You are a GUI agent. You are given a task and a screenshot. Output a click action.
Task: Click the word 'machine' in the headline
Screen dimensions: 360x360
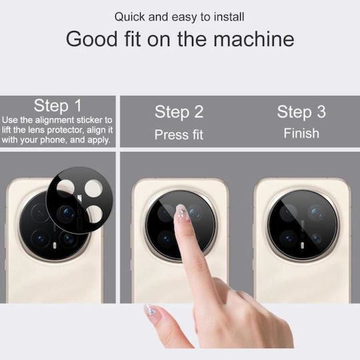pos(254,39)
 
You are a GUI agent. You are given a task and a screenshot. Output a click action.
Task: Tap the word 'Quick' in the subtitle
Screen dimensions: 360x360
pos(130,17)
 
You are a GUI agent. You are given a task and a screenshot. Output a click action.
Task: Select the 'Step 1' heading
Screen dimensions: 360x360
pos(57,106)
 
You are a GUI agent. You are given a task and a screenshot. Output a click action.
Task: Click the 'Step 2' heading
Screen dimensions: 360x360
pos(179,112)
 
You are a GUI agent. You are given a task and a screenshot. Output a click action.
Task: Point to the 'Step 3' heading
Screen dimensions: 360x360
pos(301,112)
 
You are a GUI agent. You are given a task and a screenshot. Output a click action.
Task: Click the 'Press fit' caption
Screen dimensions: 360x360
pos(179,135)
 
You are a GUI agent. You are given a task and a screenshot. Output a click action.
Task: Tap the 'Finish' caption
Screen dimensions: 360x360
pos(301,133)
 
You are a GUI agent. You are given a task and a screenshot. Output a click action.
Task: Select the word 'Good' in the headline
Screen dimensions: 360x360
pos(91,39)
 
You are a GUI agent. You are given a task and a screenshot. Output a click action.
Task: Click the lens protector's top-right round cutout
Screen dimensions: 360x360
pos(93,188)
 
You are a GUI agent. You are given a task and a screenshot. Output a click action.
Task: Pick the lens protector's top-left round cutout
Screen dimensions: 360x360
pos(65,189)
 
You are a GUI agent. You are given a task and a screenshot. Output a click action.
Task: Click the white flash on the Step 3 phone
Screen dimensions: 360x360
pos(302,245)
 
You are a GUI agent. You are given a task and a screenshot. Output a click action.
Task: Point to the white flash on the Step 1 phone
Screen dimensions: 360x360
pos(55,245)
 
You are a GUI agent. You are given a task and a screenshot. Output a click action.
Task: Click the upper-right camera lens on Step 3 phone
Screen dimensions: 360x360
pos(317,213)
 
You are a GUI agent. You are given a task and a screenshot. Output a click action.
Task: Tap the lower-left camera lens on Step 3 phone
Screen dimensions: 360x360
pos(289,239)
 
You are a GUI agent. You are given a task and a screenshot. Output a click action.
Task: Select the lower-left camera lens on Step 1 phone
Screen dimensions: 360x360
pos(40,239)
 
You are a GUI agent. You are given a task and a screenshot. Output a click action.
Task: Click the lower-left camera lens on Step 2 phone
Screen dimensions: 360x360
pos(166,239)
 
